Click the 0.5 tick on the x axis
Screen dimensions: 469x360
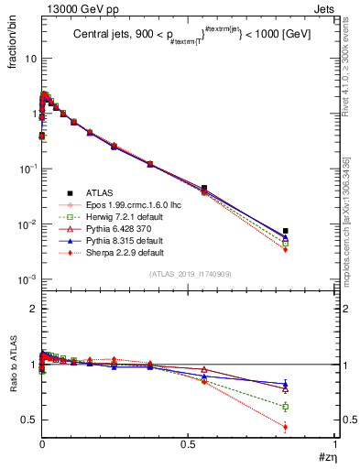(x=189, y=443)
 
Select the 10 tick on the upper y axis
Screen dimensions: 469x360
(x=30, y=59)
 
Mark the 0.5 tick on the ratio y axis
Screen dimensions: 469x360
(x=28, y=420)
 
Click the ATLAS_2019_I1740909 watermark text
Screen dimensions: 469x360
(x=189, y=274)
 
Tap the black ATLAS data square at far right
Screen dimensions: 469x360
(x=286, y=231)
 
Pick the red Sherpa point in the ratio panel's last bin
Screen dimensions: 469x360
(x=286, y=427)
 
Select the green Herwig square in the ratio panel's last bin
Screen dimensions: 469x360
(x=286, y=407)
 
